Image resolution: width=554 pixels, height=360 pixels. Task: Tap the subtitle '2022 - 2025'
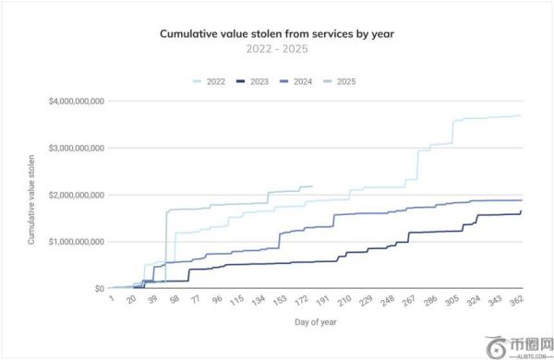click(x=277, y=48)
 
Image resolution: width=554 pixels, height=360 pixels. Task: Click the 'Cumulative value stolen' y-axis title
click(x=32, y=196)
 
